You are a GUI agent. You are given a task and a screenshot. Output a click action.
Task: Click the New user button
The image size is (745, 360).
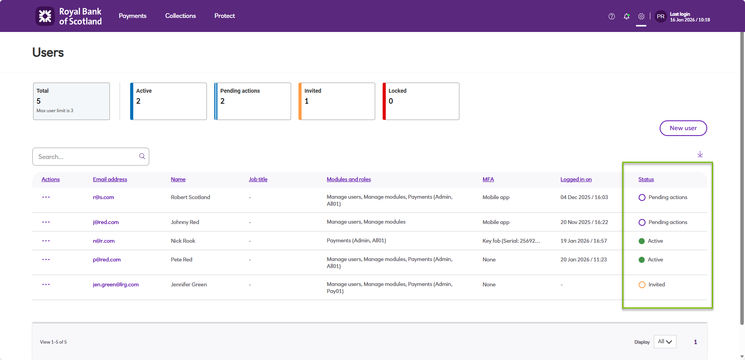(x=683, y=128)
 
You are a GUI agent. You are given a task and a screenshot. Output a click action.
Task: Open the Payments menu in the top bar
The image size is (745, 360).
(x=132, y=16)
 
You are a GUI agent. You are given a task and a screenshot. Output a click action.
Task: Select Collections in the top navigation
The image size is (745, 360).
(x=180, y=16)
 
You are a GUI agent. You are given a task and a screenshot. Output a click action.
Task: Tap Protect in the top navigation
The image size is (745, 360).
(x=224, y=16)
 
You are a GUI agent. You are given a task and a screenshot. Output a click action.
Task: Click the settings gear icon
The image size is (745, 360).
(x=641, y=16)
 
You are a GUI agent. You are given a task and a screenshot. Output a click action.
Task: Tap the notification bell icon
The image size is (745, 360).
(x=627, y=16)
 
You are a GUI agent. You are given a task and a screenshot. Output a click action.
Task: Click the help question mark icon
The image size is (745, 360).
(x=612, y=16)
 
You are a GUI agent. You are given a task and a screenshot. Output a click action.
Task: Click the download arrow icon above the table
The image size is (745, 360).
(x=700, y=154)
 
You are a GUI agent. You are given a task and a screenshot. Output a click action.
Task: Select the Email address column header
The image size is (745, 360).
(x=110, y=179)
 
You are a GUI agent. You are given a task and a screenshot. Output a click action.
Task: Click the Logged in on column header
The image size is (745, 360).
(x=576, y=179)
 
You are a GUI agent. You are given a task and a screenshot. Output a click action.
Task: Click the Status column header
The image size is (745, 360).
(x=646, y=179)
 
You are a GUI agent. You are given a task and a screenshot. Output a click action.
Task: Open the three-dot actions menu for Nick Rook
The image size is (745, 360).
(x=46, y=241)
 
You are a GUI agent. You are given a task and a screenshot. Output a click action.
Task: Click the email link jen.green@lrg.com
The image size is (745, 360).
(x=116, y=284)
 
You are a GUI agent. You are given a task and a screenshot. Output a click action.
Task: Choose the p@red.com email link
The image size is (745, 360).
(x=107, y=259)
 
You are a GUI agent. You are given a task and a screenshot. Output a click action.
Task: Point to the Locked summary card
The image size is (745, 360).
(x=421, y=101)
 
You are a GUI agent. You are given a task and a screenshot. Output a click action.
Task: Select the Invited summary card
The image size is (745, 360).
(x=337, y=101)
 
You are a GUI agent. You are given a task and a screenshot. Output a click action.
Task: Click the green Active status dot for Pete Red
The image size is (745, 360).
(x=642, y=260)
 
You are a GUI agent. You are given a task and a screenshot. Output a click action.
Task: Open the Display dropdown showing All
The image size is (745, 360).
(x=665, y=342)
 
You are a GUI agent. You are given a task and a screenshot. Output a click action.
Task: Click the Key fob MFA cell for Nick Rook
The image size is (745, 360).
(x=511, y=241)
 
